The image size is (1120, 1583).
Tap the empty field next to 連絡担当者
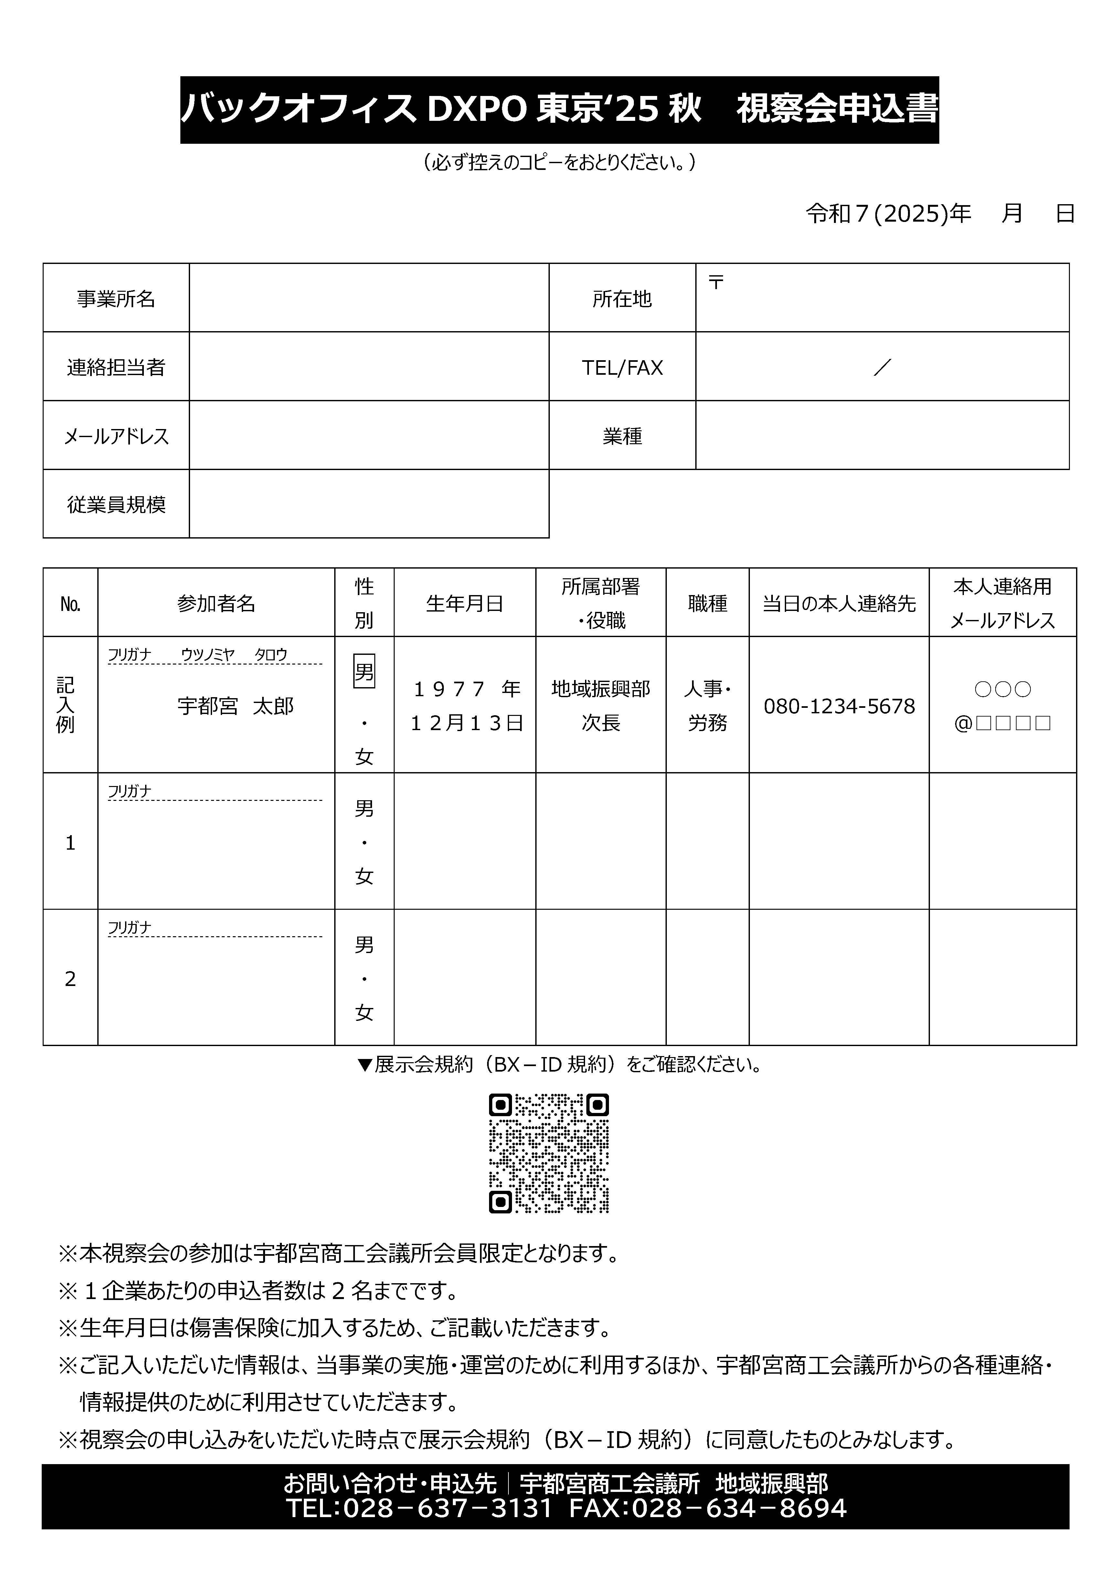click(369, 366)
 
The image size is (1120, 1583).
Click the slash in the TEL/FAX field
click(882, 367)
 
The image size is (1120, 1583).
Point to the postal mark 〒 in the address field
click(716, 282)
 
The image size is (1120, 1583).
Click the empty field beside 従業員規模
click(369, 504)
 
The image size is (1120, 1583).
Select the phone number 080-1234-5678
click(838, 706)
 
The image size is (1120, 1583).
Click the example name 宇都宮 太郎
click(235, 706)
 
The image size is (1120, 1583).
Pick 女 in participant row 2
click(364, 1012)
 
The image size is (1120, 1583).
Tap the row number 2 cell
click(70, 978)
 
